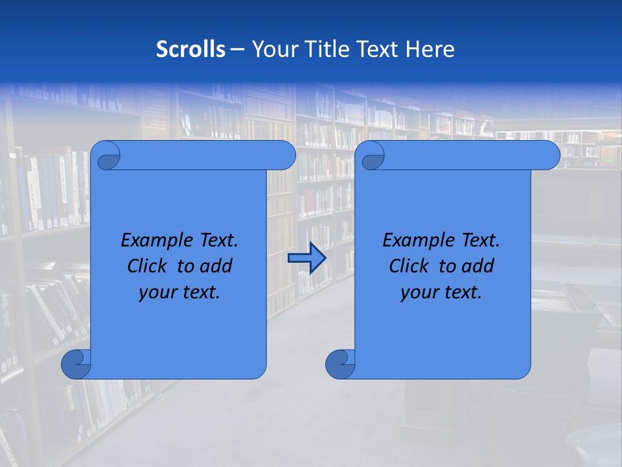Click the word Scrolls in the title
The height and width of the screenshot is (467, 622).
[x=191, y=49]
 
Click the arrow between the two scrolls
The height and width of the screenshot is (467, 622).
[x=306, y=258]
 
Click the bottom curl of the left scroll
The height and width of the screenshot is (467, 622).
[x=75, y=364]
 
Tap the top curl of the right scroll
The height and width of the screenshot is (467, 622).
[x=371, y=156]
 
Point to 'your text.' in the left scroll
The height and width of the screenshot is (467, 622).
[x=179, y=293]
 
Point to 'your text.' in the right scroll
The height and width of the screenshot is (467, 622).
[x=441, y=293]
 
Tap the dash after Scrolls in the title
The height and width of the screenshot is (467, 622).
[x=237, y=49]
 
